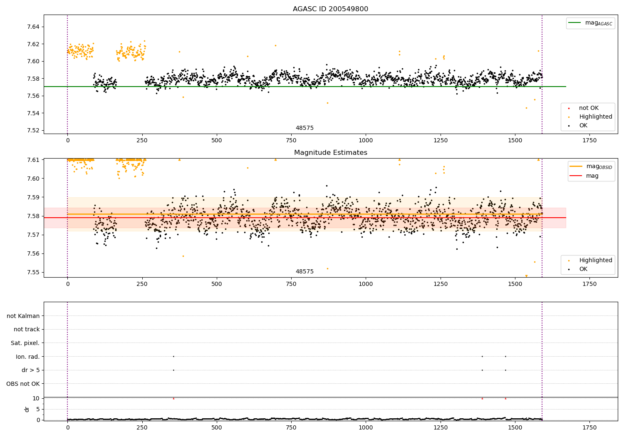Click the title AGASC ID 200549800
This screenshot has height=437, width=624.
click(330, 9)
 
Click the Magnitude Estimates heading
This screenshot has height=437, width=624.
click(330, 153)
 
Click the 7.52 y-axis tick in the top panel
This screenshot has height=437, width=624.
click(33, 130)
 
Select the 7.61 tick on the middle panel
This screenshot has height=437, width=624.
click(33, 160)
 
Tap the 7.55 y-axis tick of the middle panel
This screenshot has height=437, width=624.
click(33, 272)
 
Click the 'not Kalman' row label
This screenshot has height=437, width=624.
click(23, 316)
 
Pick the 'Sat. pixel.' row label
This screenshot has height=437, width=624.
click(25, 343)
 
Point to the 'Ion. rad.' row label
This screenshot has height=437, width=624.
click(28, 357)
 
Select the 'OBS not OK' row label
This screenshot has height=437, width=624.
click(23, 384)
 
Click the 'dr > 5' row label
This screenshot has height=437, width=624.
click(30, 370)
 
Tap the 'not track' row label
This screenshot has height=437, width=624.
click(27, 329)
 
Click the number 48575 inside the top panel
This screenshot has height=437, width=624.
click(305, 128)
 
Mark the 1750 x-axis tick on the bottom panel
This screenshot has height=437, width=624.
click(589, 427)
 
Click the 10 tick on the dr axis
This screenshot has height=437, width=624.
click(36, 398)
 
